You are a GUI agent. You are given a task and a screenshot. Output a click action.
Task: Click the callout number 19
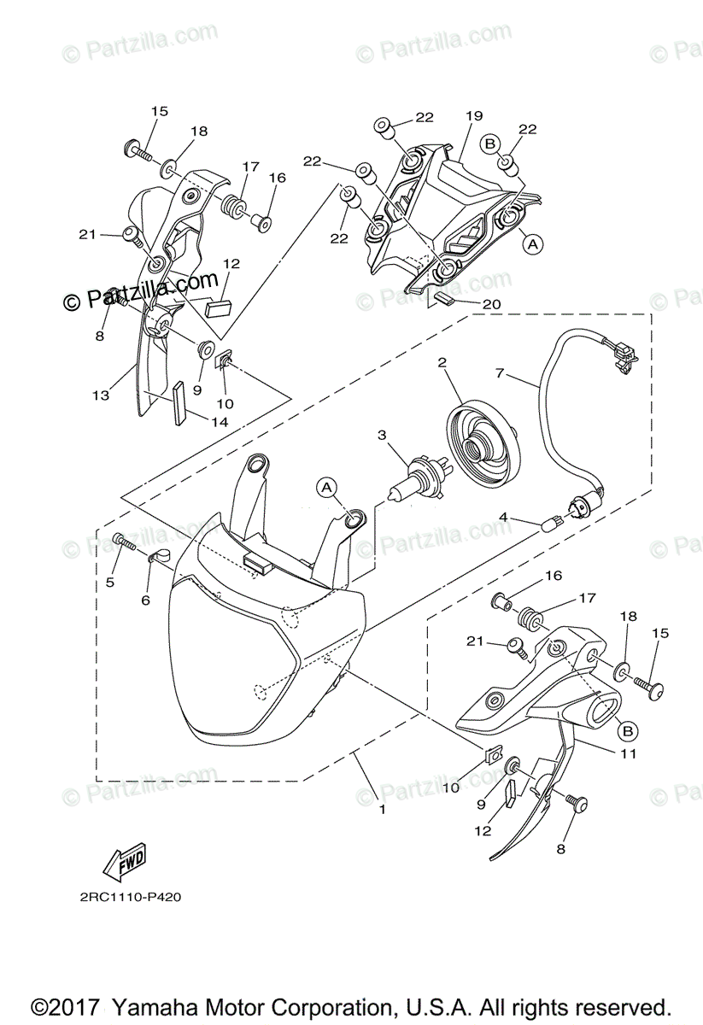click(475, 116)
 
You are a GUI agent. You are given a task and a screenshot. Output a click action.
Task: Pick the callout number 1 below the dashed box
click(382, 808)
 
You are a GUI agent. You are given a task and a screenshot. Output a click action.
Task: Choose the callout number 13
click(101, 395)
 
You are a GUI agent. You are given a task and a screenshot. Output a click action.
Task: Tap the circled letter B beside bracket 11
click(627, 730)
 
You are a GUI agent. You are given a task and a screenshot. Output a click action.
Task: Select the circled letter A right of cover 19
click(533, 244)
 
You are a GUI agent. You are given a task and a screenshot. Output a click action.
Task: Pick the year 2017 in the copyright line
click(77, 1006)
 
